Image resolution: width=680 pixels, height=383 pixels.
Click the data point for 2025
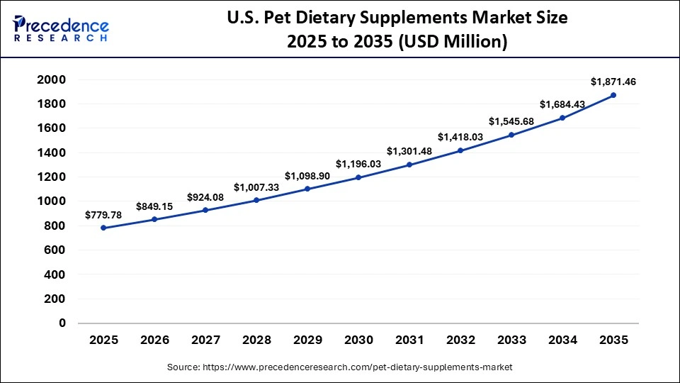[103, 228]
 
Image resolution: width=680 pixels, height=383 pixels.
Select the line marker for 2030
[358, 177]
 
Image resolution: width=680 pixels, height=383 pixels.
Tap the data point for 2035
[613, 95]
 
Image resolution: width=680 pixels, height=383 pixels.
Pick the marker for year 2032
[460, 150]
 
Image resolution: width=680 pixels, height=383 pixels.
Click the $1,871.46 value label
[613, 82]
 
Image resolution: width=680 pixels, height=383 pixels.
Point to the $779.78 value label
[103, 214]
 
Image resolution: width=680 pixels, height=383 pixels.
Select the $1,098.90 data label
[307, 175]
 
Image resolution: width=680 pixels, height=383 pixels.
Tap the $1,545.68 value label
[511, 121]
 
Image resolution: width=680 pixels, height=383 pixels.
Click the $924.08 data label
[205, 196]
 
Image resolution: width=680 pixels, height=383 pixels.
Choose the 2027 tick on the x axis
[205, 340]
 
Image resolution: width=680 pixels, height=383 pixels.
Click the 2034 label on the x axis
[562, 340]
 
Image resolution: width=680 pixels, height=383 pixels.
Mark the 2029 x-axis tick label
[307, 340]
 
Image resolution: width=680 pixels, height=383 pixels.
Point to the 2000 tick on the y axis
[51, 79]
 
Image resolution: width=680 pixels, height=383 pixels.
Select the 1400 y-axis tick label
[51, 152]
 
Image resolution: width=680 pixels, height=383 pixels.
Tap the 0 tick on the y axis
[62, 323]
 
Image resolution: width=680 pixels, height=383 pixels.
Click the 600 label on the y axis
[55, 250]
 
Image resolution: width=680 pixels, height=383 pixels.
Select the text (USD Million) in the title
[453, 42]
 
